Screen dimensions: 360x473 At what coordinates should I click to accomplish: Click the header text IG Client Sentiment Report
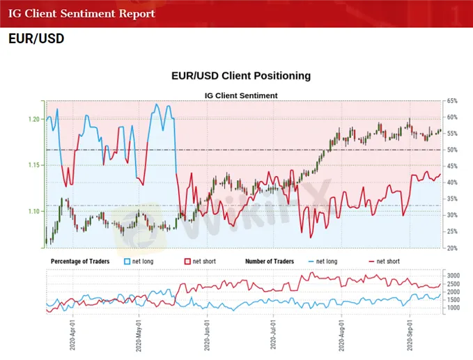[x=82, y=14]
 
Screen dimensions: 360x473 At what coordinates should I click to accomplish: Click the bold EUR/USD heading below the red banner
[x=36, y=39]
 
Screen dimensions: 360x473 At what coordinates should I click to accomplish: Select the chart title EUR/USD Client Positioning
[x=241, y=75]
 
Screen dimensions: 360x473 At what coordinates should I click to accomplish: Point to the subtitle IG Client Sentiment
[x=241, y=95]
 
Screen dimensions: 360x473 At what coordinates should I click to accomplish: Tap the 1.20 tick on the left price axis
[x=33, y=120]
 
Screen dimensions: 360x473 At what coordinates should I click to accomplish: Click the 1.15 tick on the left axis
[x=33, y=165]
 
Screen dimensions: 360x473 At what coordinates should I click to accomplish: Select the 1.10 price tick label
[x=33, y=211]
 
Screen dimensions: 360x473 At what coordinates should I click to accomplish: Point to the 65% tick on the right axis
[x=452, y=102]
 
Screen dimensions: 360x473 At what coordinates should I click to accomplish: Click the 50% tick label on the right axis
[x=452, y=150]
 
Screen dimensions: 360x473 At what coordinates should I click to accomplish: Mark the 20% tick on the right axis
[x=452, y=248]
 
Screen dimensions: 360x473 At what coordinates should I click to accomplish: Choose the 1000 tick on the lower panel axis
[x=453, y=307]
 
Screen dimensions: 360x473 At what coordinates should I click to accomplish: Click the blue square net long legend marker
[x=127, y=262]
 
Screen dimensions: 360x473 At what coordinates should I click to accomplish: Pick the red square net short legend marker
[x=187, y=262]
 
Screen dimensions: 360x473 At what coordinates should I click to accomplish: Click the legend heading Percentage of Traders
[x=81, y=262]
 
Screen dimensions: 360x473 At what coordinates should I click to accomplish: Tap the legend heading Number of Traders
[x=270, y=262]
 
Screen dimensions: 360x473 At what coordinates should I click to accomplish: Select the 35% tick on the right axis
[x=452, y=199]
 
